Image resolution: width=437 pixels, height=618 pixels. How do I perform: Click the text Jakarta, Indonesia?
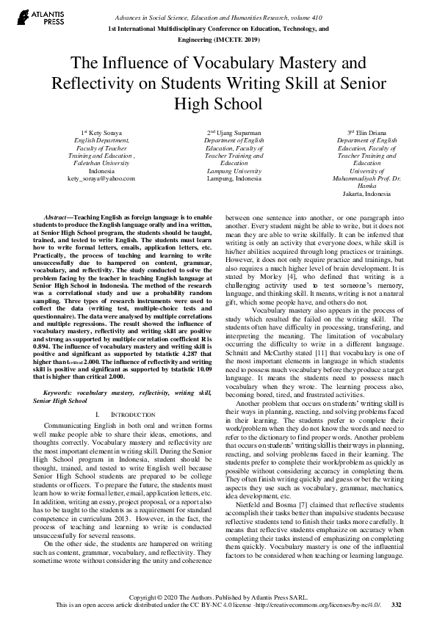(366, 194)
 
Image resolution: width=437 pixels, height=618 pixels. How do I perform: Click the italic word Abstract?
(57, 218)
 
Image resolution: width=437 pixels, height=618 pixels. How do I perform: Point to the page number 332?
(397, 604)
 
